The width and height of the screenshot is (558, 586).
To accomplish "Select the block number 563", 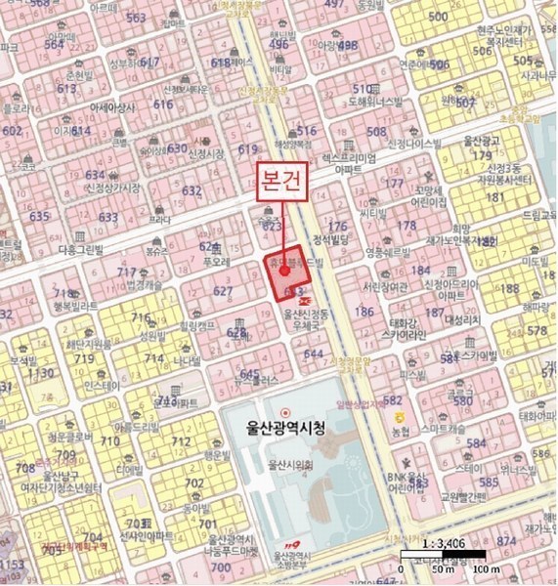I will pyautogui.click(x=136, y=18).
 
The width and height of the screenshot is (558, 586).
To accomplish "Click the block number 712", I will pyautogui.click(x=181, y=442).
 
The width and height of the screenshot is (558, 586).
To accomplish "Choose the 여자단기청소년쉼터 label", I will pyautogui.click(x=61, y=486).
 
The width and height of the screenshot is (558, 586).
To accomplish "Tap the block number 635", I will pyautogui.click(x=39, y=216).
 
